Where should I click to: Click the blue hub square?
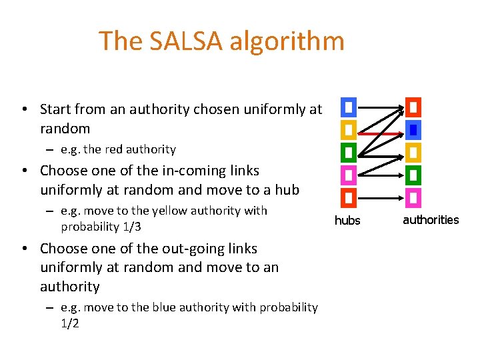[x=349, y=107]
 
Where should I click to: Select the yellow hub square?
[x=349, y=129]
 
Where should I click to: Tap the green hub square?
[x=349, y=153]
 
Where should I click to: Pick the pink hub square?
[x=349, y=175]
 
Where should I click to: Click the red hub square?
[x=349, y=198]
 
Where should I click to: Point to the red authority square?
[x=413, y=107]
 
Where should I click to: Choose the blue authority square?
[x=413, y=129]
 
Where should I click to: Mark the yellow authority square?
[x=413, y=153]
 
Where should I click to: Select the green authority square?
[x=413, y=175]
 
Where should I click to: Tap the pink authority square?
[x=413, y=198]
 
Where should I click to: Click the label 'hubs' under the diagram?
[x=347, y=221]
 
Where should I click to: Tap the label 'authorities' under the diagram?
[x=431, y=220]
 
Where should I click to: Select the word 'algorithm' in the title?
[x=287, y=41]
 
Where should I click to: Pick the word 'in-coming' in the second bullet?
[x=153, y=171]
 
